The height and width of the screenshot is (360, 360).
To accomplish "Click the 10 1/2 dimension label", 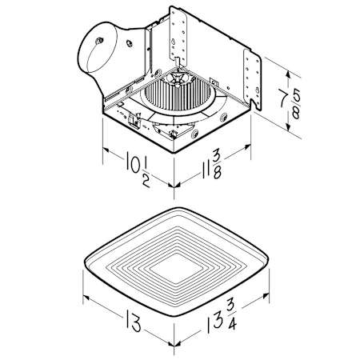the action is pyautogui.click(x=138, y=169).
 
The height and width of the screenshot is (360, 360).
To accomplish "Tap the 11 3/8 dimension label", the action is pyautogui.click(x=211, y=166).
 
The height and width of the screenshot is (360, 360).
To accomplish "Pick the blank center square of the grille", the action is pyautogui.click(x=178, y=268).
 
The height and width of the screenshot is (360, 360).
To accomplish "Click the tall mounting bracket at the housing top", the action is pyautogui.click(x=178, y=34).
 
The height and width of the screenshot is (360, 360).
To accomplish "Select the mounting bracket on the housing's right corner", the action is pyautogui.click(x=253, y=79).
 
